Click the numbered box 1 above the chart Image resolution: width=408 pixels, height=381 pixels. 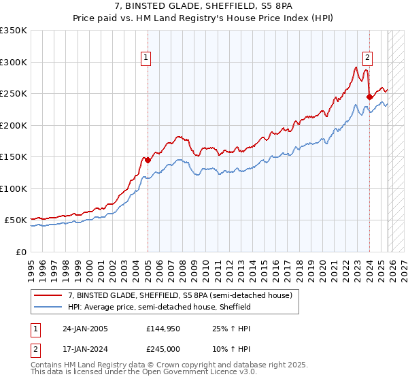[146, 58]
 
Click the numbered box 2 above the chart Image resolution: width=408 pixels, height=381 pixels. [367, 58]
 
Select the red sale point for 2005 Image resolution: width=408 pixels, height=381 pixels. [148, 161]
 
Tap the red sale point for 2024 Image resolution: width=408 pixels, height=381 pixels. [369, 97]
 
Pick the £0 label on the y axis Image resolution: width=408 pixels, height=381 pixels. [21, 252]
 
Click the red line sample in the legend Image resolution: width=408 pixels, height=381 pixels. [49, 295]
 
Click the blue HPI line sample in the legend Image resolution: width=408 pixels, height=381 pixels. [49, 307]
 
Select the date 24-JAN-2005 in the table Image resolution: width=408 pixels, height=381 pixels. [85, 329]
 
